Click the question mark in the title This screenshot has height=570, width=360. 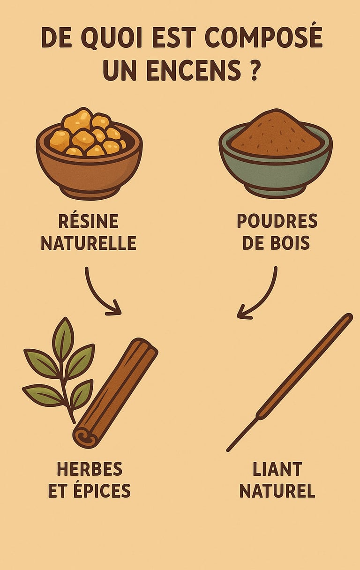click(x=253, y=70)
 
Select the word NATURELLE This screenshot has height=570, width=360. click(x=89, y=243)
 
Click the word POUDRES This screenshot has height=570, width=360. click(x=277, y=221)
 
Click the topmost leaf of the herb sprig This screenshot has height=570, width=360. click(x=63, y=336)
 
